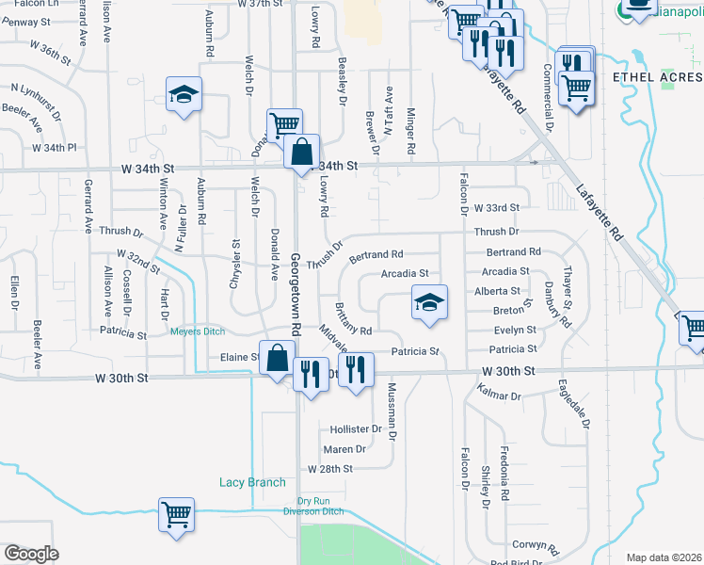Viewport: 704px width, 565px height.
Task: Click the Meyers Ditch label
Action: (199, 331)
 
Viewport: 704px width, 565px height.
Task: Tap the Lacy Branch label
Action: (252, 483)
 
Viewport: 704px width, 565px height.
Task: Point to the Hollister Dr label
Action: (356, 428)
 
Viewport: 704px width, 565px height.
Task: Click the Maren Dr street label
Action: (344, 449)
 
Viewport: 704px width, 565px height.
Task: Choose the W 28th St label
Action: (329, 468)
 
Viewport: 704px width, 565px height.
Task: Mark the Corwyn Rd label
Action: (536, 545)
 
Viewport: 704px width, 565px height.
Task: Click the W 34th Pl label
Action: (54, 148)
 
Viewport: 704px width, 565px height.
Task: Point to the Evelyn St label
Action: (515, 331)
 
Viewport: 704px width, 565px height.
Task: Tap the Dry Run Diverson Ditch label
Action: (316, 507)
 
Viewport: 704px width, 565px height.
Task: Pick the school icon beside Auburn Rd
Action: (184, 94)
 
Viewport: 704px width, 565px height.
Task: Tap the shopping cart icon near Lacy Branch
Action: (176, 515)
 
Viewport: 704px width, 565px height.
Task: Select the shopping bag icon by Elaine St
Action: (278, 358)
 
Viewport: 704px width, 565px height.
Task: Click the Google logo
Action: (31, 554)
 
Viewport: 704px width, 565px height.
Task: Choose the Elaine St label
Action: (240, 358)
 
